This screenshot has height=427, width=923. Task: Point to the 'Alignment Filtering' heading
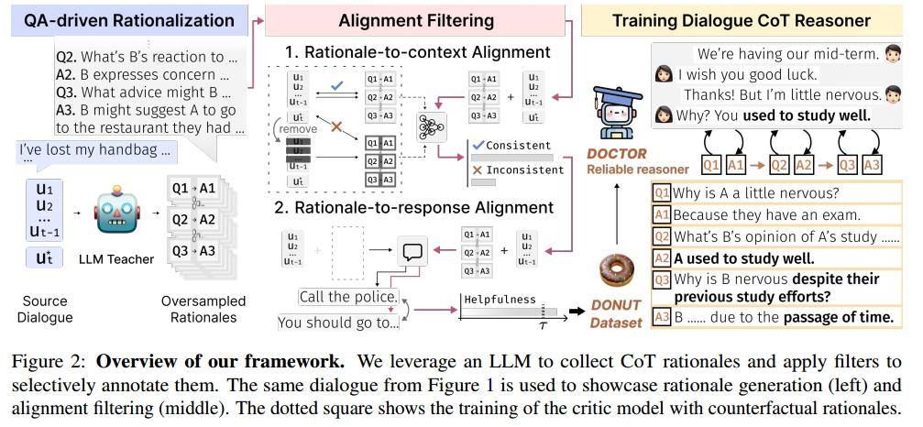pyautogui.click(x=415, y=19)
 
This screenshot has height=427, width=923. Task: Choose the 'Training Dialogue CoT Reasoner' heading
pyautogui.click(x=747, y=19)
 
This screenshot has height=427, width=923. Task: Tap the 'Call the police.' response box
pyautogui.click(x=337, y=297)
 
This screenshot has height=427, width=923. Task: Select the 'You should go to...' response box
pyautogui.click(x=338, y=322)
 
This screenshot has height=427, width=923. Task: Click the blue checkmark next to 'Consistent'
pyautogui.click(x=476, y=145)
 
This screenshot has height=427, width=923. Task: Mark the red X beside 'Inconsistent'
pyautogui.click(x=476, y=170)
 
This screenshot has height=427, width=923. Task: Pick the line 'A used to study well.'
pyautogui.click(x=743, y=258)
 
